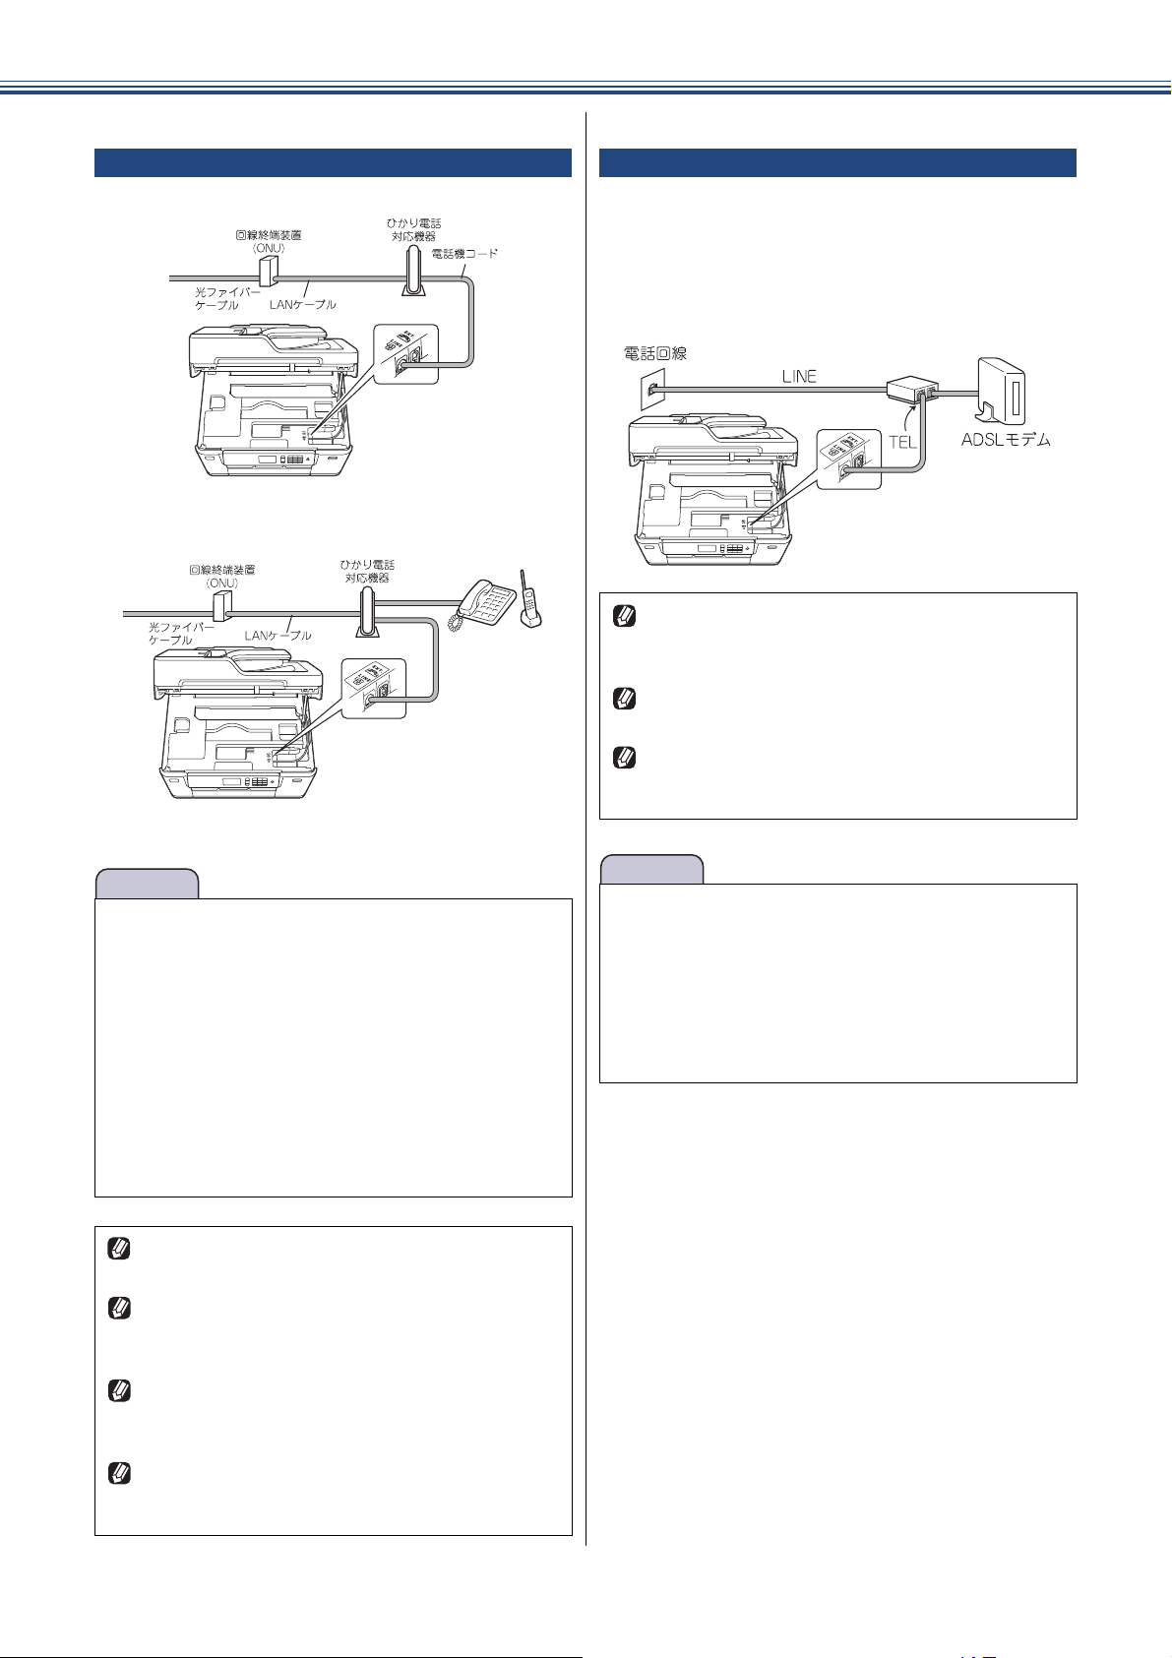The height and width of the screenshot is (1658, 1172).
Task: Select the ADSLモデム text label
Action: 1005,440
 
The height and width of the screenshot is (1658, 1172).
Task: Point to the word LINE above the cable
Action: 799,376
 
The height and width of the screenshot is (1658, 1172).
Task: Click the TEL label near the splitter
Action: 902,442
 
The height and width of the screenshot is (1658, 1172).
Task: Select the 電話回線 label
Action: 655,352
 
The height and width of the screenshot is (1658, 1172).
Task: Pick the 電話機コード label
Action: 464,254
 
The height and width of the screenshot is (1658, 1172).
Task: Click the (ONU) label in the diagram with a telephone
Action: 221,583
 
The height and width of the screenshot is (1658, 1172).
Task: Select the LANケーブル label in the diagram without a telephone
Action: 303,304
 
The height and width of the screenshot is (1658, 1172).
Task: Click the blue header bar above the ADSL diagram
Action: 837,162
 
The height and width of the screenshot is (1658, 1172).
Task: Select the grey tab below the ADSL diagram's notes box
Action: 651,870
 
